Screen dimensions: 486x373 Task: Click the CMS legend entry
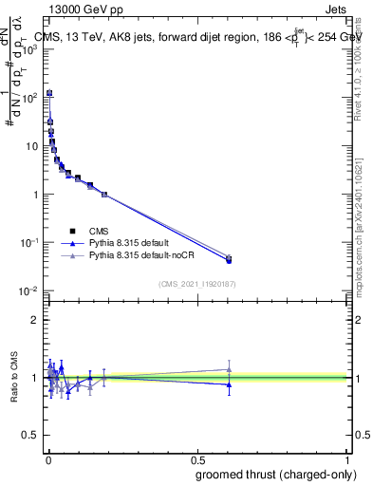pos(100,230)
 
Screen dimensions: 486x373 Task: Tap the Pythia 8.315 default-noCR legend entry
pos(141,256)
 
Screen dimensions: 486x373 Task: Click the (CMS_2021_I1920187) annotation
pos(197,284)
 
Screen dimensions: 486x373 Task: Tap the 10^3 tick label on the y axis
pos(29,49)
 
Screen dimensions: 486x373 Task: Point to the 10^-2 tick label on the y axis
pos(29,291)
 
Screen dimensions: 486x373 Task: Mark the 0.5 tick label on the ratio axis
pos(30,437)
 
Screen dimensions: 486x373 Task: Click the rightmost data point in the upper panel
pos(228,259)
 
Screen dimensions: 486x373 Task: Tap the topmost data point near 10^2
pos(49,93)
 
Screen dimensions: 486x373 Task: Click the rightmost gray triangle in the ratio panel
pos(228,369)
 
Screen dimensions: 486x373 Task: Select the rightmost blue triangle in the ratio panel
pos(228,384)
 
